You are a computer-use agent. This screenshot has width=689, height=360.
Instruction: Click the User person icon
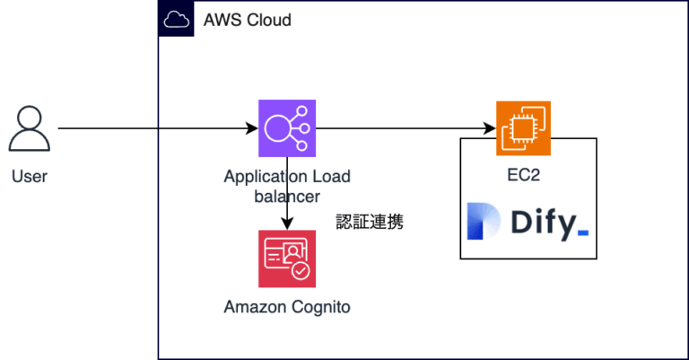29,128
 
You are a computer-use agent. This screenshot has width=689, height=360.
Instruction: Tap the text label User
30,176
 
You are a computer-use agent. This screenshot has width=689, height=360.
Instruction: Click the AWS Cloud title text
248,20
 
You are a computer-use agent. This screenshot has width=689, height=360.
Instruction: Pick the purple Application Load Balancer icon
286,128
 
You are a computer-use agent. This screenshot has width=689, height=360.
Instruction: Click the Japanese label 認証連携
370,222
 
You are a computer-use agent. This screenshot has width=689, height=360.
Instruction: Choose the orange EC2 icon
523,128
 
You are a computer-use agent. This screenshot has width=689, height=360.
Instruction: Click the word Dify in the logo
542,224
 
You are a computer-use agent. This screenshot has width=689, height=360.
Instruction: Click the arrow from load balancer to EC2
404,128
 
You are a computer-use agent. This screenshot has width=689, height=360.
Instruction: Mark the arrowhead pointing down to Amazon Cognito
286,224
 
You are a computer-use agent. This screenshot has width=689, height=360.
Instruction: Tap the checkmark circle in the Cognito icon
301,268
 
